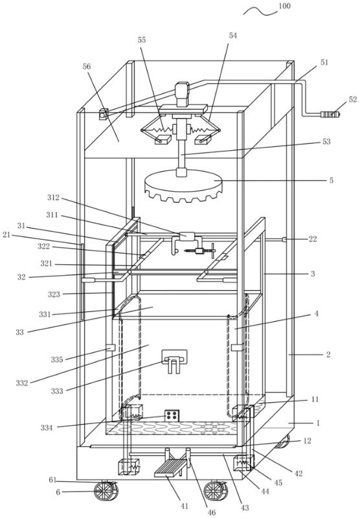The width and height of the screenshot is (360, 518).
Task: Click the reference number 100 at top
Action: pyautogui.click(x=284, y=6)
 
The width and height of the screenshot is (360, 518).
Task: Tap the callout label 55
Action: pyautogui.click(x=141, y=40)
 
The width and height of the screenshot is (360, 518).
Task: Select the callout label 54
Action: pyautogui.click(x=233, y=36)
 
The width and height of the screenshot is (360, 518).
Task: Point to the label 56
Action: pyautogui.click(x=87, y=67)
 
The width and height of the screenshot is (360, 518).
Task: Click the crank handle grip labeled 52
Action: pyautogui.click(x=330, y=115)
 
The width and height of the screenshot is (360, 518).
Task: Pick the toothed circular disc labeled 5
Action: pyautogui.click(x=184, y=185)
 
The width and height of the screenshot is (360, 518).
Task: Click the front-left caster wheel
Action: pyautogui.click(x=106, y=491)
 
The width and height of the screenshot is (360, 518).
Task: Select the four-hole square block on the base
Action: pyautogui.click(x=172, y=415)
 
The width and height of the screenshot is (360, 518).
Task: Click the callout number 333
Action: pyautogui.click(x=57, y=391)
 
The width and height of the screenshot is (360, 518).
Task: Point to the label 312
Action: pyautogui.click(x=53, y=197)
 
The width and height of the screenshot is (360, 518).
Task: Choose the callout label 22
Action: pyautogui.click(x=313, y=239)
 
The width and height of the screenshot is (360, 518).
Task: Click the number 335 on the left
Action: pyautogui.click(x=57, y=359)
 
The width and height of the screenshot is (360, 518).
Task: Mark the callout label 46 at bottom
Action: pyautogui.click(x=211, y=512)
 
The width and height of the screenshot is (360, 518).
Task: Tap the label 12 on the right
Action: pyautogui.click(x=307, y=441)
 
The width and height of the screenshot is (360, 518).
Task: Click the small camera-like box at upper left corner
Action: pyautogui.click(x=104, y=115)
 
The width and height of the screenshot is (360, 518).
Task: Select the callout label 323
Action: pyautogui.click(x=54, y=294)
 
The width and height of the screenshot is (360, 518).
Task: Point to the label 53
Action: pyautogui.click(x=326, y=141)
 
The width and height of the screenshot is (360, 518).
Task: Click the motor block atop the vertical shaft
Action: pyautogui.click(x=182, y=94)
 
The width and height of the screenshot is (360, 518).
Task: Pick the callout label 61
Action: pyautogui.click(x=53, y=480)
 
